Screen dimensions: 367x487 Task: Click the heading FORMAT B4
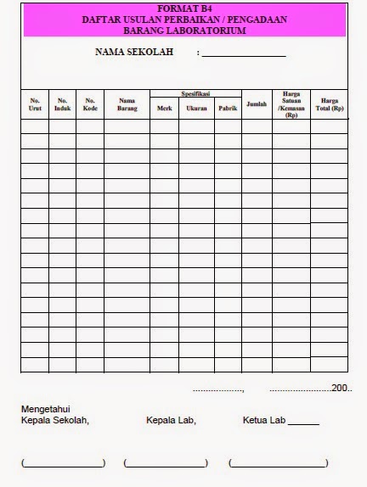pos(183,8)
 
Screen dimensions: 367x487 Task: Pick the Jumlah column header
pos(257,104)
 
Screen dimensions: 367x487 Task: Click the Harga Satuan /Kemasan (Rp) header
pos(291,104)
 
